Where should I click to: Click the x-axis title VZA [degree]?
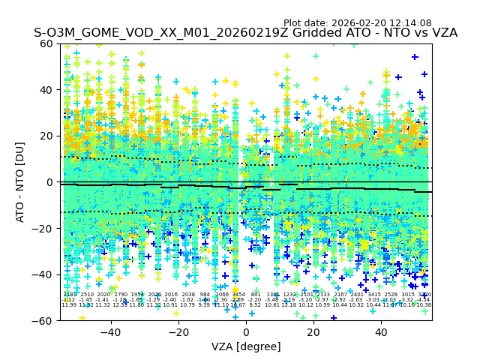[246, 346]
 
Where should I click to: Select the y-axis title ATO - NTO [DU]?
[21, 181]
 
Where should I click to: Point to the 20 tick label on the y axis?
[47, 136]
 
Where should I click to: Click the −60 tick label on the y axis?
[43, 320]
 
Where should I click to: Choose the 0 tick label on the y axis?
[50, 182]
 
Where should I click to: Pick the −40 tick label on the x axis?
[110, 332]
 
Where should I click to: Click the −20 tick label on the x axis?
[178, 332]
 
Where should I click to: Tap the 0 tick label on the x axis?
[246, 332]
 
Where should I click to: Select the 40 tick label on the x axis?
[381, 332]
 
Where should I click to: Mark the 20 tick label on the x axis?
[313, 332]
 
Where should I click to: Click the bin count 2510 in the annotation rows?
[86, 295]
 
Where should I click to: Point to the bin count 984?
[205, 295]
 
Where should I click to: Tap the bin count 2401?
[357, 295]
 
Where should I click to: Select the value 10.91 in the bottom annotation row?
[171, 305]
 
